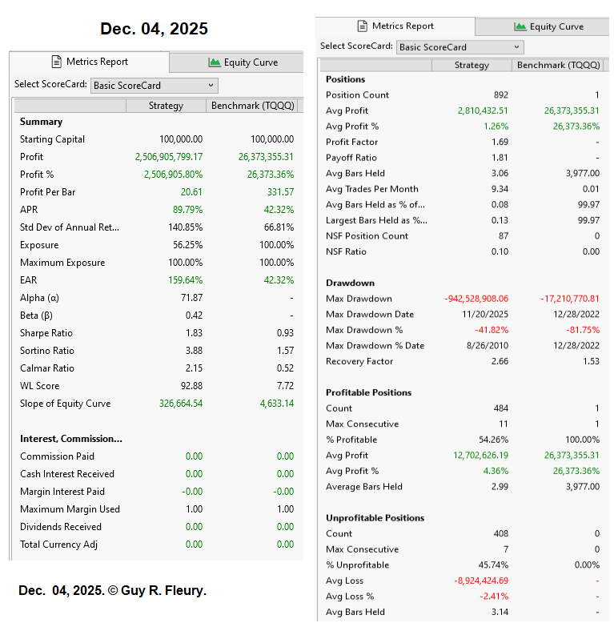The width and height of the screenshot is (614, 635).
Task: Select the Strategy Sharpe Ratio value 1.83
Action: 193,333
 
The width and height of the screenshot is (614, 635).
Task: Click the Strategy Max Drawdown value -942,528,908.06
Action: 476,299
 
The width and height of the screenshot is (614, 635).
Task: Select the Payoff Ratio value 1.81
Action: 499,158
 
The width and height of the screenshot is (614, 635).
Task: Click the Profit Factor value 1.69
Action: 499,142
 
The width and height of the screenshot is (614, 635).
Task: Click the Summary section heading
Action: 41,122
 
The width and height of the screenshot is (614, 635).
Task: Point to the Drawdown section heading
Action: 350,283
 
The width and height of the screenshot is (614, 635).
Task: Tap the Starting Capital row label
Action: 52,139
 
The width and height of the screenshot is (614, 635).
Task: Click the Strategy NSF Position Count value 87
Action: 503,235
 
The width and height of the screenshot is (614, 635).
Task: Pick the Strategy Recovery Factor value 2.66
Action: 499,361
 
